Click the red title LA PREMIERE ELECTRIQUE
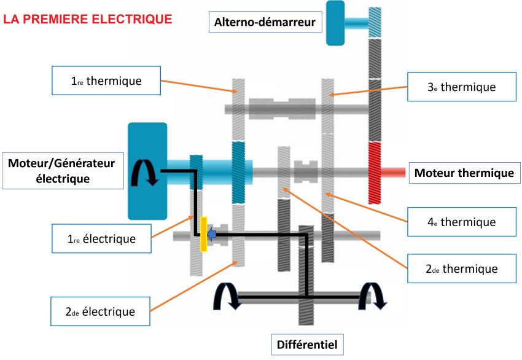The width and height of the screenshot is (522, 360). point(88,19)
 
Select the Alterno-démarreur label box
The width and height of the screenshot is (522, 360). point(265,23)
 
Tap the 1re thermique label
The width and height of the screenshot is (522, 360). point(106,80)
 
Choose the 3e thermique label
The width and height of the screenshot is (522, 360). point(461,87)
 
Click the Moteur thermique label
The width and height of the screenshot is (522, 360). point(464,173)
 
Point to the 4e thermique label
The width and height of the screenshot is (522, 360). point(461,221)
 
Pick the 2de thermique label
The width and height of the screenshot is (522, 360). point(461,268)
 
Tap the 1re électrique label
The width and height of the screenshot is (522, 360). point(102,238)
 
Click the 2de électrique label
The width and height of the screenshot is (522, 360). point(100,311)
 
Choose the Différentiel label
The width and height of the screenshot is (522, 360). point(306,344)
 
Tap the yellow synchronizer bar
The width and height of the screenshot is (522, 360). point(203,234)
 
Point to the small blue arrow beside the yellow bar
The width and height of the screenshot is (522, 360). point(212,234)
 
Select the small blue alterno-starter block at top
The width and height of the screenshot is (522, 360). point(335,23)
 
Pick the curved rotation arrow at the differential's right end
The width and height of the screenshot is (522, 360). point(374,296)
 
